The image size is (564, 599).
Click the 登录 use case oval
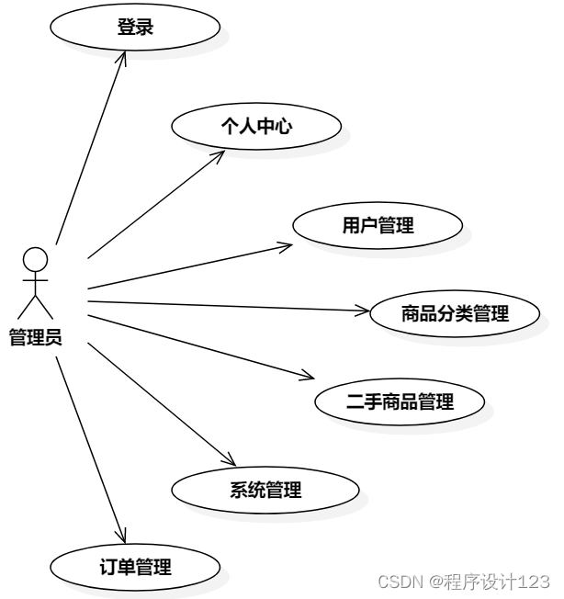(134, 28)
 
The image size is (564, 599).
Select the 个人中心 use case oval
(256, 127)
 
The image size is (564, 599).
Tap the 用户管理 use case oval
(378, 225)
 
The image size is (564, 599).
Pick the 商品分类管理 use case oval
(455, 313)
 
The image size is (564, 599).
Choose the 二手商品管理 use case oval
(400, 401)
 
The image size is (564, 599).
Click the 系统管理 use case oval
(265, 490)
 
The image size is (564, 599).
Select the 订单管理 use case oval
(134, 567)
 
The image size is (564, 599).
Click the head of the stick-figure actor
(35, 258)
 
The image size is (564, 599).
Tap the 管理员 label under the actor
(35, 337)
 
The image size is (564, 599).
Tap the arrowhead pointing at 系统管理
(231, 462)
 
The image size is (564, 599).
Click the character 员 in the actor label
(53, 337)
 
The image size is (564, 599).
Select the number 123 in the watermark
(534, 582)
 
